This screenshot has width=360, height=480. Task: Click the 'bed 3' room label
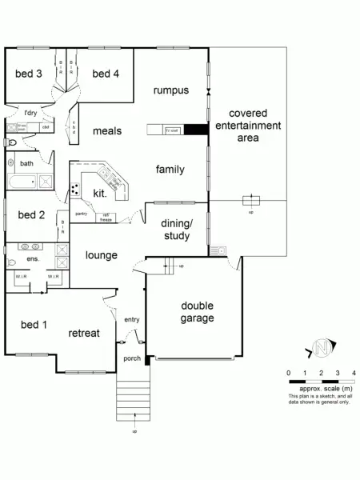(x=28, y=74)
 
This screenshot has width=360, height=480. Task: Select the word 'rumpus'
(x=171, y=90)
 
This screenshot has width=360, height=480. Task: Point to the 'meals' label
(x=106, y=130)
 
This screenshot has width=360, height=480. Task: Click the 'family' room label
(x=170, y=169)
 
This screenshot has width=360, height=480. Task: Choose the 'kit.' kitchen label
(x=100, y=194)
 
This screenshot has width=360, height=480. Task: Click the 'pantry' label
(x=82, y=214)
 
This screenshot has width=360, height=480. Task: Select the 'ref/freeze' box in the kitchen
(x=105, y=216)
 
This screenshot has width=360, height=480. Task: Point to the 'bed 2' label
(x=30, y=214)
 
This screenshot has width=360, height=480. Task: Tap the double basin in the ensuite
(x=30, y=247)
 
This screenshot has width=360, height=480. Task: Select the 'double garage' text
(x=197, y=311)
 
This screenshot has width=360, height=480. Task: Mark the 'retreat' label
(x=83, y=333)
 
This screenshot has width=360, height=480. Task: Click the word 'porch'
(x=131, y=358)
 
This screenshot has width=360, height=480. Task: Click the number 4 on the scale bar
(x=354, y=374)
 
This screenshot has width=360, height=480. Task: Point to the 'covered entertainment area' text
(x=254, y=126)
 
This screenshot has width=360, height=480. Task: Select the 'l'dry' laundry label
(x=30, y=113)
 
